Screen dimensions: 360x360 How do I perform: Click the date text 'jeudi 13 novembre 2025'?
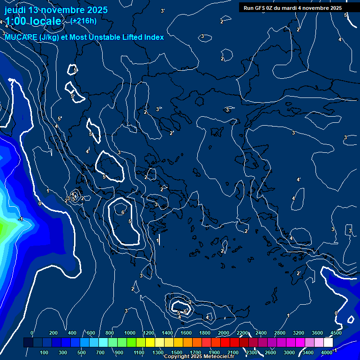[56, 10]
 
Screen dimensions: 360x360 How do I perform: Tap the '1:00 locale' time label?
[33, 21]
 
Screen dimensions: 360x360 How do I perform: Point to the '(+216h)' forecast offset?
[83, 21]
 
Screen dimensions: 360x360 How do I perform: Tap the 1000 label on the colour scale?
[130, 333]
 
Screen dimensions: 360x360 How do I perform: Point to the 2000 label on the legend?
[224, 333]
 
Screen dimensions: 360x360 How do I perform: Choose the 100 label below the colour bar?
[45, 352]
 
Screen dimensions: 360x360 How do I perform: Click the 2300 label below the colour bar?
[252, 352]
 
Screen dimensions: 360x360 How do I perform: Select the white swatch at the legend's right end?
[328, 343]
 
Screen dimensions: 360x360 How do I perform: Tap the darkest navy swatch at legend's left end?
[28, 343]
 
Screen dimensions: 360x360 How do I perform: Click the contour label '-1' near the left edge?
[20, 219]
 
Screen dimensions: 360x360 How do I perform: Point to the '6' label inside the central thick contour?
[122, 212]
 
